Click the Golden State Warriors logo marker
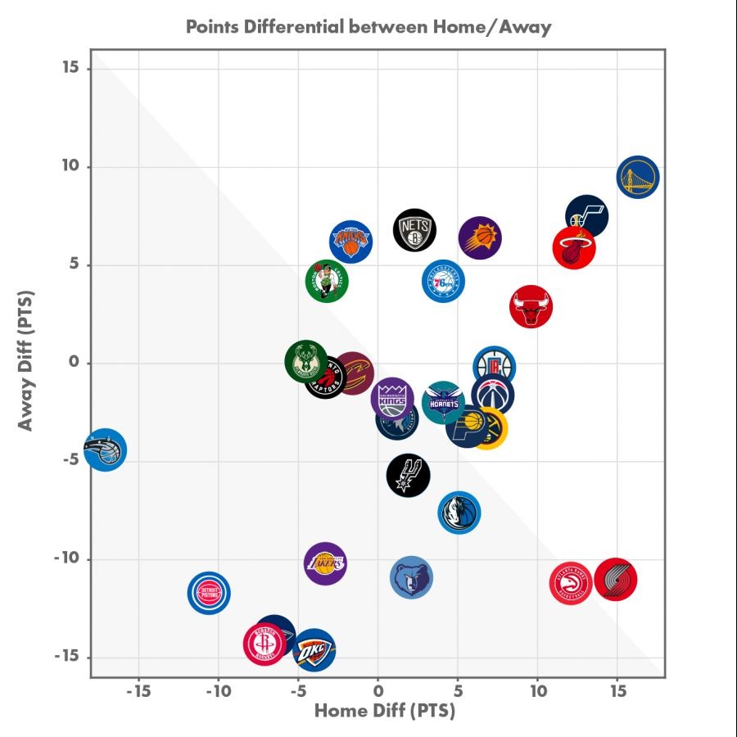(639, 177)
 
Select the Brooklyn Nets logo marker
(414, 229)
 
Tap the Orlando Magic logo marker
(105, 450)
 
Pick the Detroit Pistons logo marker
(209, 592)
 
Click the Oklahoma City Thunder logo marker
(314, 651)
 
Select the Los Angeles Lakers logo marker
(325, 563)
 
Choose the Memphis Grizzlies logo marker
(411, 578)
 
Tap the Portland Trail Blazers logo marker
(616, 580)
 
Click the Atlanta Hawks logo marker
(571, 584)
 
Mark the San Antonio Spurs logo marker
(408, 475)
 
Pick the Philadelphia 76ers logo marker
(443, 281)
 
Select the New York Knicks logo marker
(351, 242)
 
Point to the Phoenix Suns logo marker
(480, 238)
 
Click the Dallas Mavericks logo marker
(459, 513)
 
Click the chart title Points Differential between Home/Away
(368, 26)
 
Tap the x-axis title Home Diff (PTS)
(384, 710)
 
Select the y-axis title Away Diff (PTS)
(26, 360)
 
